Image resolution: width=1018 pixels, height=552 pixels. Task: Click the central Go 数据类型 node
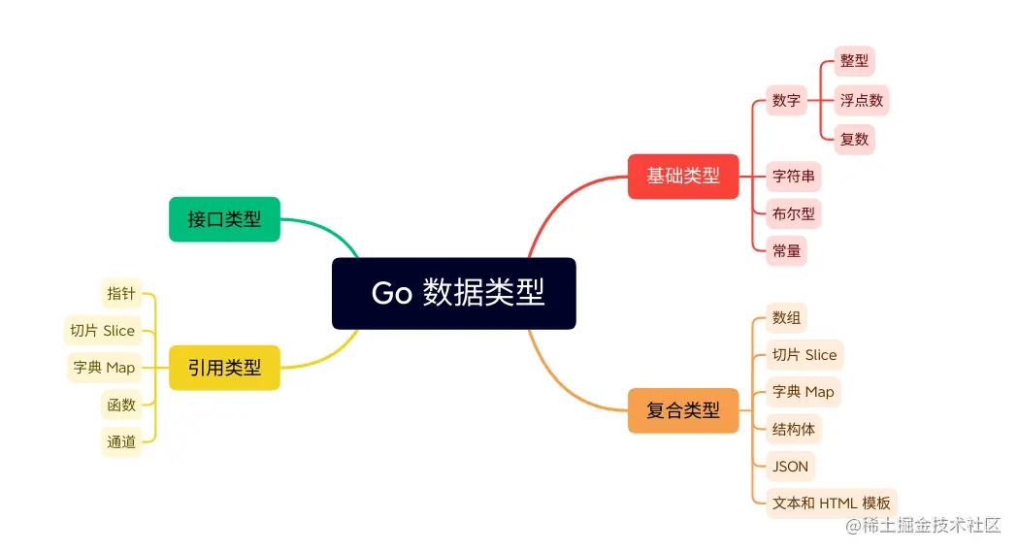tap(454, 293)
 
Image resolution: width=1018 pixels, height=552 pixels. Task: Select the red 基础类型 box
tap(683, 177)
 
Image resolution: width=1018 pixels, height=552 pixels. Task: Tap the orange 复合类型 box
tap(683, 410)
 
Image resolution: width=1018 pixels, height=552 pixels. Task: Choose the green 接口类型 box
tap(224, 219)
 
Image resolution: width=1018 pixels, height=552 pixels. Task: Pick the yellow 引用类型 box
tap(224, 368)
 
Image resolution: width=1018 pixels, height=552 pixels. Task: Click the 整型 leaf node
tap(855, 61)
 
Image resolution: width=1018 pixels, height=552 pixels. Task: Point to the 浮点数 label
tap(862, 100)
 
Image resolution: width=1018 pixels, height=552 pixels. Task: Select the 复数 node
tap(855, 139)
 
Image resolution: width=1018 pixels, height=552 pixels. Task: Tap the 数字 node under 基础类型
tap(786, 100)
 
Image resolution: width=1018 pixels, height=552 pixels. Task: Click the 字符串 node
tap(793, 177)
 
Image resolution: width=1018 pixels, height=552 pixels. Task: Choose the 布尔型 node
tap(793, 213)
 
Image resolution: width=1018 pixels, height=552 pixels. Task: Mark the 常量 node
tap(786, 250)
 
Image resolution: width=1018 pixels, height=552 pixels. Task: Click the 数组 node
tap(786, 317)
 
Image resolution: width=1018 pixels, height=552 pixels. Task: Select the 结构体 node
tap(793, 429)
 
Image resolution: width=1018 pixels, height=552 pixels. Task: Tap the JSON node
tap(790, 466)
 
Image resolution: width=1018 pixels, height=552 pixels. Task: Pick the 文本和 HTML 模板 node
tap(832, 503)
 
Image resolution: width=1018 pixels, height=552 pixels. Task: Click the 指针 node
tap(121, 293)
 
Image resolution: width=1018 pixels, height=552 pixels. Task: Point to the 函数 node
tap(121, 405)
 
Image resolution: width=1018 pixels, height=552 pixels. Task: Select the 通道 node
tap(121, 441)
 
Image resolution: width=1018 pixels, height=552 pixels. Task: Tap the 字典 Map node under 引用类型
tap(104, 368)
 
